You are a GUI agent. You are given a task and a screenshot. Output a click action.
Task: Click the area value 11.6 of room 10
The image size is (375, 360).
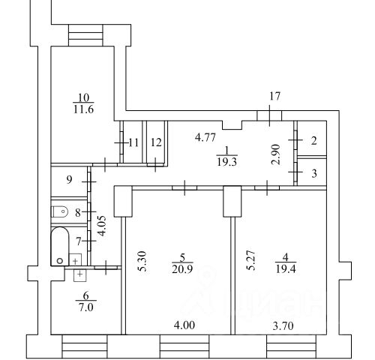click(x=83, y=109)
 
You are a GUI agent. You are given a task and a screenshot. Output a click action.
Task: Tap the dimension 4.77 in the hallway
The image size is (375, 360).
click(x=205, y=137)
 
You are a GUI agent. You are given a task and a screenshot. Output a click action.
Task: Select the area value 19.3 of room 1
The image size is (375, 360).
click(x=227, y=162)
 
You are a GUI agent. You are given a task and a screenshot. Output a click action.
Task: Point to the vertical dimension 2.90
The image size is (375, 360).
click(x=276, y=154)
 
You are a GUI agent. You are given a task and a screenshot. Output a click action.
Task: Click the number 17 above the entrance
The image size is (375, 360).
click(x=274, y=96)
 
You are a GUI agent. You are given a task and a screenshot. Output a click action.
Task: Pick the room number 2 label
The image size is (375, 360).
click(x=314, y=141)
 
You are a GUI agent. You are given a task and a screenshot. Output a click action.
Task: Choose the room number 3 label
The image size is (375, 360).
click(x=314, y=173)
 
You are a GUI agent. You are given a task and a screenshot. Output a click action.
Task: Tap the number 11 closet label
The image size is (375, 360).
click(x=133, y=143)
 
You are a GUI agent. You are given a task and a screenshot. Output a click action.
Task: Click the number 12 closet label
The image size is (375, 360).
click(x=156, y=142)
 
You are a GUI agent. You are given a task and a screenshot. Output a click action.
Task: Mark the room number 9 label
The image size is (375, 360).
click(x=69, y=179)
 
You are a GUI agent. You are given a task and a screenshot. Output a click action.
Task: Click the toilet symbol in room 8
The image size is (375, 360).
click(x=59, y=211)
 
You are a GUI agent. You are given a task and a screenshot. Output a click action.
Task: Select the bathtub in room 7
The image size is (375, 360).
click(x=60, y=246)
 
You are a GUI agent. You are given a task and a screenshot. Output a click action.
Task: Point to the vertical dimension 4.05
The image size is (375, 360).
click(x=102, y=226)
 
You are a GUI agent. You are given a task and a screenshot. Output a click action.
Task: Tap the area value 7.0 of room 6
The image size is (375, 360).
click(x=86, y=307)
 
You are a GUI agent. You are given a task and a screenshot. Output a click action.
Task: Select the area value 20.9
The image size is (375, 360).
click(x=182, y=269)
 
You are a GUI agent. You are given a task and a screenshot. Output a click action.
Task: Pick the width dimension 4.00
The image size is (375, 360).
click(x=184, y=325)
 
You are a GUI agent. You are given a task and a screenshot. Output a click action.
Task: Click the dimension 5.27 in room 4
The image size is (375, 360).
click(x=252, y=260)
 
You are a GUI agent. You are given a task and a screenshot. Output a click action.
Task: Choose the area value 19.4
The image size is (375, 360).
click(x=286, y=269)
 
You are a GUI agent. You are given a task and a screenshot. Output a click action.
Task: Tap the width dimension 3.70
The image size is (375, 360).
click(x=283, y=326)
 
